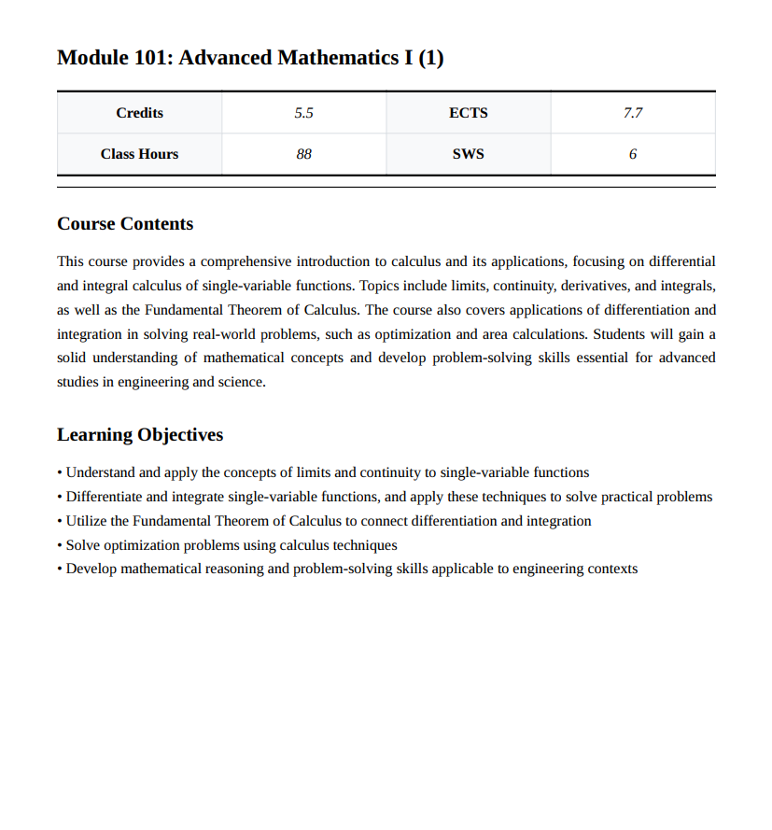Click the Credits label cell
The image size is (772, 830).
coord(139,113)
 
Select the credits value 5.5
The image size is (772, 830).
coord(303,113)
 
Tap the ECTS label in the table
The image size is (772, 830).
coord(468,113)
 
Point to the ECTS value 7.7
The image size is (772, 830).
coord(632,113)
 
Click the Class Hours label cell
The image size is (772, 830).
coord(139,154)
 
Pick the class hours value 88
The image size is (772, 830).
coord(303,154)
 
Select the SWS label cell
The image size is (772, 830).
coord(468,154)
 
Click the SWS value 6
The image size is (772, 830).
coord(632,154)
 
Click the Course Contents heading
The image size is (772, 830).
coord(125,224)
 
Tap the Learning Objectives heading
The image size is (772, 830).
coord(140,435)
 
